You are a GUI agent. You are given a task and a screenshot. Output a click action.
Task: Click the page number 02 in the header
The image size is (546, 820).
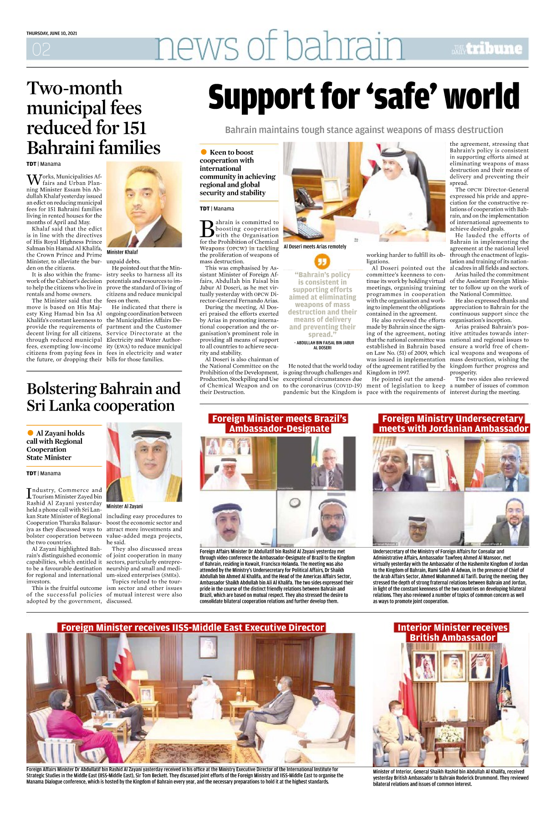point(41,49)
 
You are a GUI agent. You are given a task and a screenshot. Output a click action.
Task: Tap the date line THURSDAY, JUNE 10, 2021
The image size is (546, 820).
point(51,33)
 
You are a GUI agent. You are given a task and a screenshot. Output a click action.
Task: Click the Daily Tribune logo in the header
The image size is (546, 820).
point(487,49)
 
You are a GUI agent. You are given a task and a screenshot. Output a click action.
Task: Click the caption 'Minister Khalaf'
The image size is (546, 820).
point(122,252)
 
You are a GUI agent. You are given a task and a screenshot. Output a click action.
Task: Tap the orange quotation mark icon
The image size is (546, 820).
point(322,262)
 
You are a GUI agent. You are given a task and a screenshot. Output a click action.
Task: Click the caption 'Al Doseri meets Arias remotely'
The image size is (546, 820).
point(315,246)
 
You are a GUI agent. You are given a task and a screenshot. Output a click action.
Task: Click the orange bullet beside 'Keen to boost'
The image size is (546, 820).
point(203,152)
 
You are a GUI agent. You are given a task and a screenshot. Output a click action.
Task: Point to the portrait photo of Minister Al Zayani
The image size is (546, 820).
point(144,462)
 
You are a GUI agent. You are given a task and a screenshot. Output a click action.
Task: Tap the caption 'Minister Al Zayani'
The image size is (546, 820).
point(124,506)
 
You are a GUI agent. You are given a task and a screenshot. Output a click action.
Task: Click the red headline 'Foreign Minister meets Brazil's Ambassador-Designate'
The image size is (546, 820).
point(279,423)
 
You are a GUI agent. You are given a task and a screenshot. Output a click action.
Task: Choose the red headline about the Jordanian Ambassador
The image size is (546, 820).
point(453,423)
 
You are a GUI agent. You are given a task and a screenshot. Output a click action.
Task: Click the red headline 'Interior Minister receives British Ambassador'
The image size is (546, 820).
point(453,632)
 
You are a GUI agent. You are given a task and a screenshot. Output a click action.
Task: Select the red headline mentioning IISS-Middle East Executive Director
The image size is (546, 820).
point(193,627)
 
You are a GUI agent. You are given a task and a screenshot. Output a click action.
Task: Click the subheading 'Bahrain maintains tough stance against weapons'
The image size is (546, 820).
point(364,130)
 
